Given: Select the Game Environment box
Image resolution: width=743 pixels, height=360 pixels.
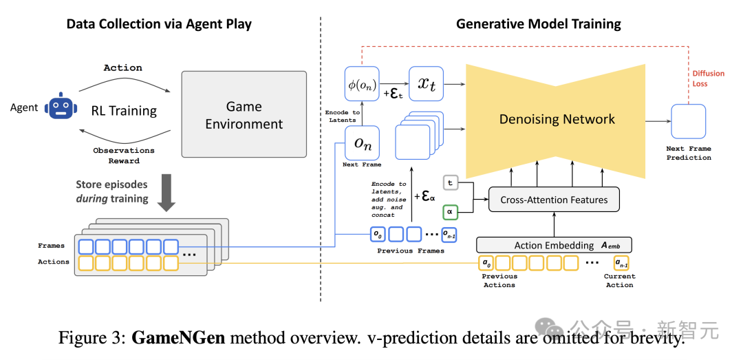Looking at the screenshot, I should (x=244, y=115).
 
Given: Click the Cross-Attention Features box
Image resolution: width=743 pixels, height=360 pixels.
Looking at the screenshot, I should (x=554, y=200).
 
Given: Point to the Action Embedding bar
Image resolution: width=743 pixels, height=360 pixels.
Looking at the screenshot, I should (x=554, y=245).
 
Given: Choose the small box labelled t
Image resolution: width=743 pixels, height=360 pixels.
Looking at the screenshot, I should (x=451, y=184).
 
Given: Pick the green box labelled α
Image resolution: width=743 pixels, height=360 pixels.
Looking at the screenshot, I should (x=451, y=212).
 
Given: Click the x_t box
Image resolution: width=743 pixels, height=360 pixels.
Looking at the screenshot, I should (x=426, y=85).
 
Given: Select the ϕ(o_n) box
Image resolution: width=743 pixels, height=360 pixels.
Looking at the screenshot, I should (x=362, y=85).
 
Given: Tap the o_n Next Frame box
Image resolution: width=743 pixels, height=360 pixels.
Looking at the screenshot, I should (x=362, y=143).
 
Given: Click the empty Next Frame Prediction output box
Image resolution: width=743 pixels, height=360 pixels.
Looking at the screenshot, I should (x=689, y=122).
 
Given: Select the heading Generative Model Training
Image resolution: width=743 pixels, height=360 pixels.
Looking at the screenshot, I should (x=538, y=24).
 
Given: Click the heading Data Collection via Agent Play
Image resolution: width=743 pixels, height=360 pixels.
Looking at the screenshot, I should (x=159, y=24).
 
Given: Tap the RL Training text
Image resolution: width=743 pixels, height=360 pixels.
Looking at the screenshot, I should (x=124, y=110).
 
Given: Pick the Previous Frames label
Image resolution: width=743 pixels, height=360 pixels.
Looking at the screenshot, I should (x=411, y=251).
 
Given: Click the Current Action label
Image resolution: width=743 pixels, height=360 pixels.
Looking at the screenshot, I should (x=619, y=280).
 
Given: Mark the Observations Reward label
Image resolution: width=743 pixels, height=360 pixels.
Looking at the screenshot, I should (x=124, y=156).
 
